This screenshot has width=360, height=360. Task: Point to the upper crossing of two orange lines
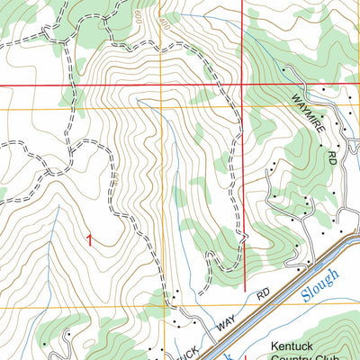(163, 110)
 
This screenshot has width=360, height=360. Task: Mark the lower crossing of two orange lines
(163, 307)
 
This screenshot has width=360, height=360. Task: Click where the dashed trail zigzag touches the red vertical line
(243, 236)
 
